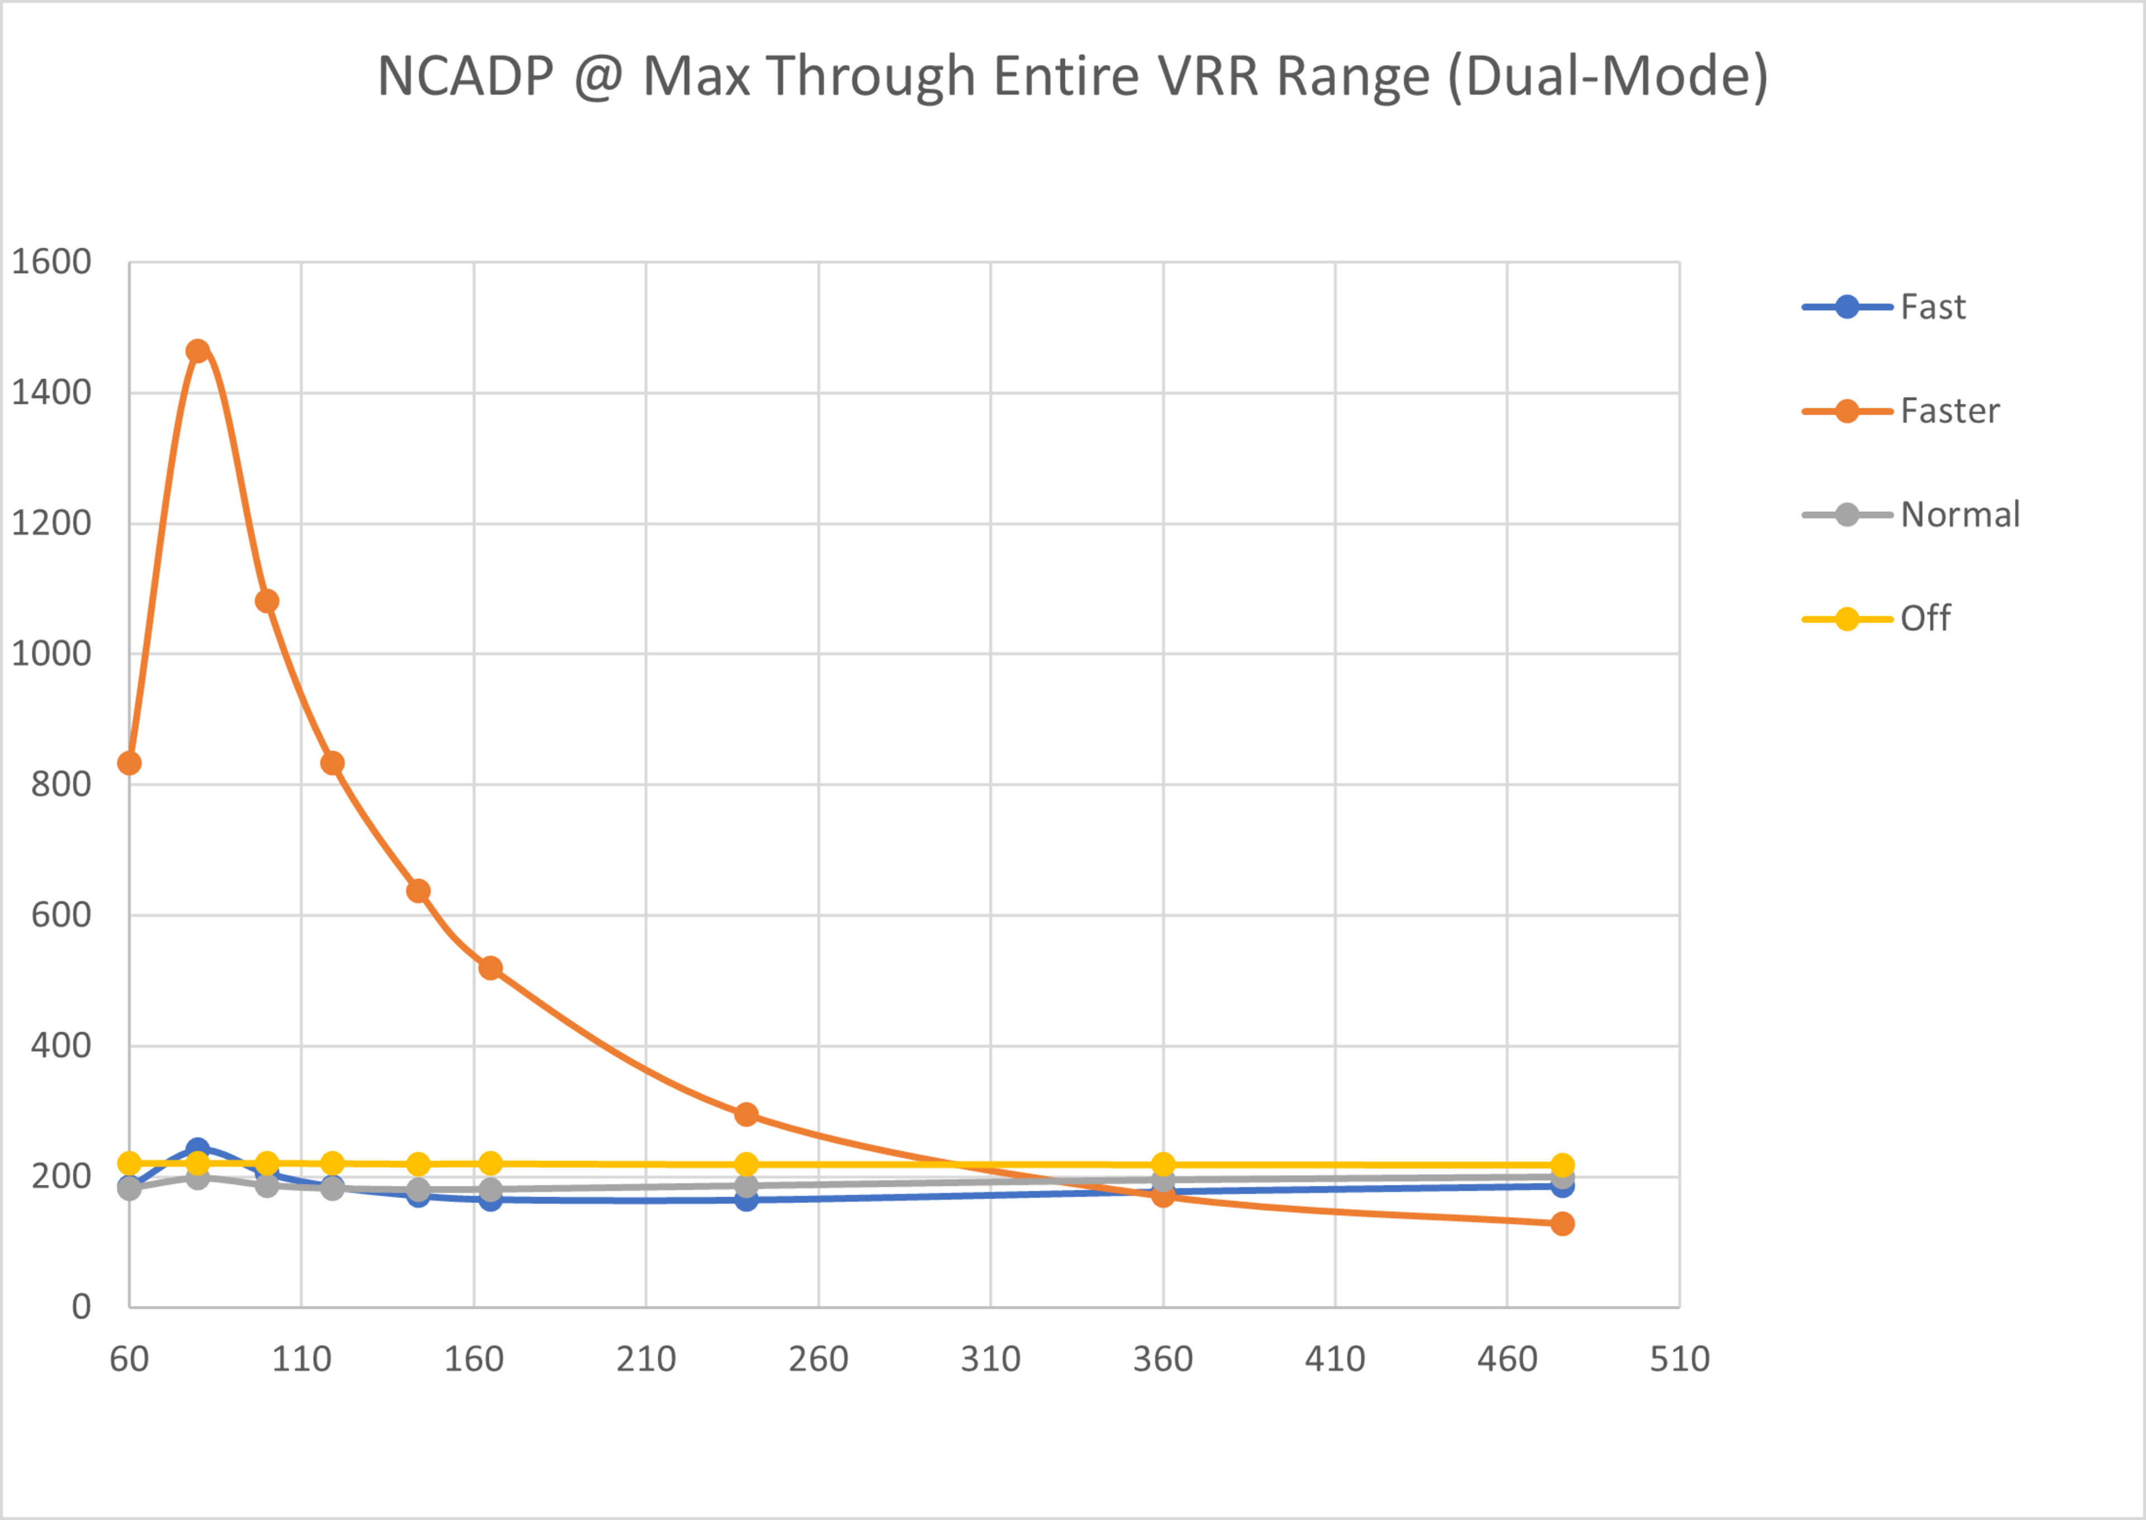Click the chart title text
pos(1072,76)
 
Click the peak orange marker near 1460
pos(197,351)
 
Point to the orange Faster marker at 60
pos(129,763)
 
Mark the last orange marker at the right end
pos(1562,1223)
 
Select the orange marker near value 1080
pos(267,601)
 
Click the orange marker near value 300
pos(746,1114)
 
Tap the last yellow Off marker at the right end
pos(1562,1165)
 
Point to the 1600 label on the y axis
pos(51,262)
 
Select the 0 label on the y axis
pos(82,1307)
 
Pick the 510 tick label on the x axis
pos(1680,1359)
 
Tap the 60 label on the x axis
pos(129,1359)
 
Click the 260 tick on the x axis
pos(818,1359)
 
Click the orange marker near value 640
pos(419,891)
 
